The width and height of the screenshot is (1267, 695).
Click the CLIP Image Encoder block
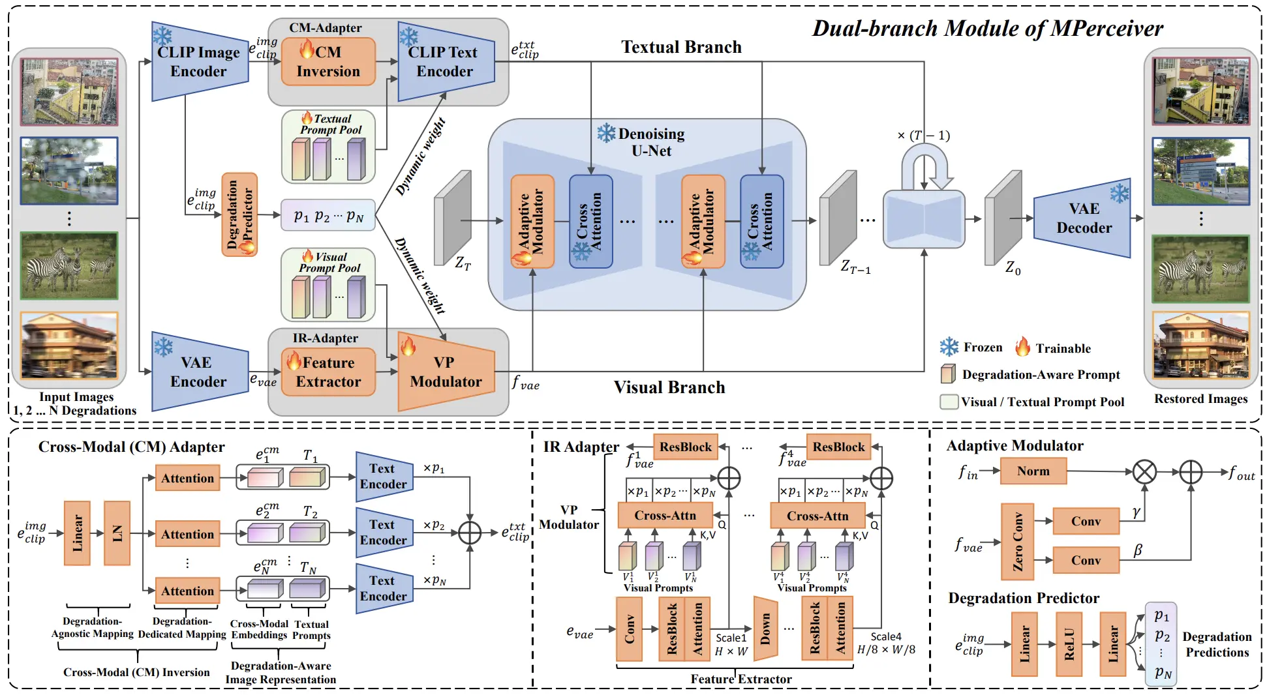199,62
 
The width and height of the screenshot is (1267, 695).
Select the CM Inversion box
328,62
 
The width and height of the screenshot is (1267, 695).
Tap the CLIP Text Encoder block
446,62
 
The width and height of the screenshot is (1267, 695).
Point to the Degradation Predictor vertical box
239,214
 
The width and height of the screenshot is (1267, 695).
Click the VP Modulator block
446,372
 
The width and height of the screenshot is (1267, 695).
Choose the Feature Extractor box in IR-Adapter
328,372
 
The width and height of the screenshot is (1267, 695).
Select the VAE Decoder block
1083,218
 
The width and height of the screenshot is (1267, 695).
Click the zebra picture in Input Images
69,266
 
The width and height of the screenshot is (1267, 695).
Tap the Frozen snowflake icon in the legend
949,347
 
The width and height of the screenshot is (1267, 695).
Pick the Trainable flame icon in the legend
1022,347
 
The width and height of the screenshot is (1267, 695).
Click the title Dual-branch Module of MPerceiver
987,29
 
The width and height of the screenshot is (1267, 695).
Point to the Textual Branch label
681,47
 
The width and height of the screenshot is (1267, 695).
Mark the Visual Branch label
669,387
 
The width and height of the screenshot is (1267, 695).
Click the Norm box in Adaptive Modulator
1033,471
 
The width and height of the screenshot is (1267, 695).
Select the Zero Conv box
1017,542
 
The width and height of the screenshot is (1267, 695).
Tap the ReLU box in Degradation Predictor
1069,644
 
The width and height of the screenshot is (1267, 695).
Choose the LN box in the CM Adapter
117,533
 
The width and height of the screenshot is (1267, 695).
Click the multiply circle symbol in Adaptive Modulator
1144,471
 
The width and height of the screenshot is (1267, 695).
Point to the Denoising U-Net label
650,142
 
